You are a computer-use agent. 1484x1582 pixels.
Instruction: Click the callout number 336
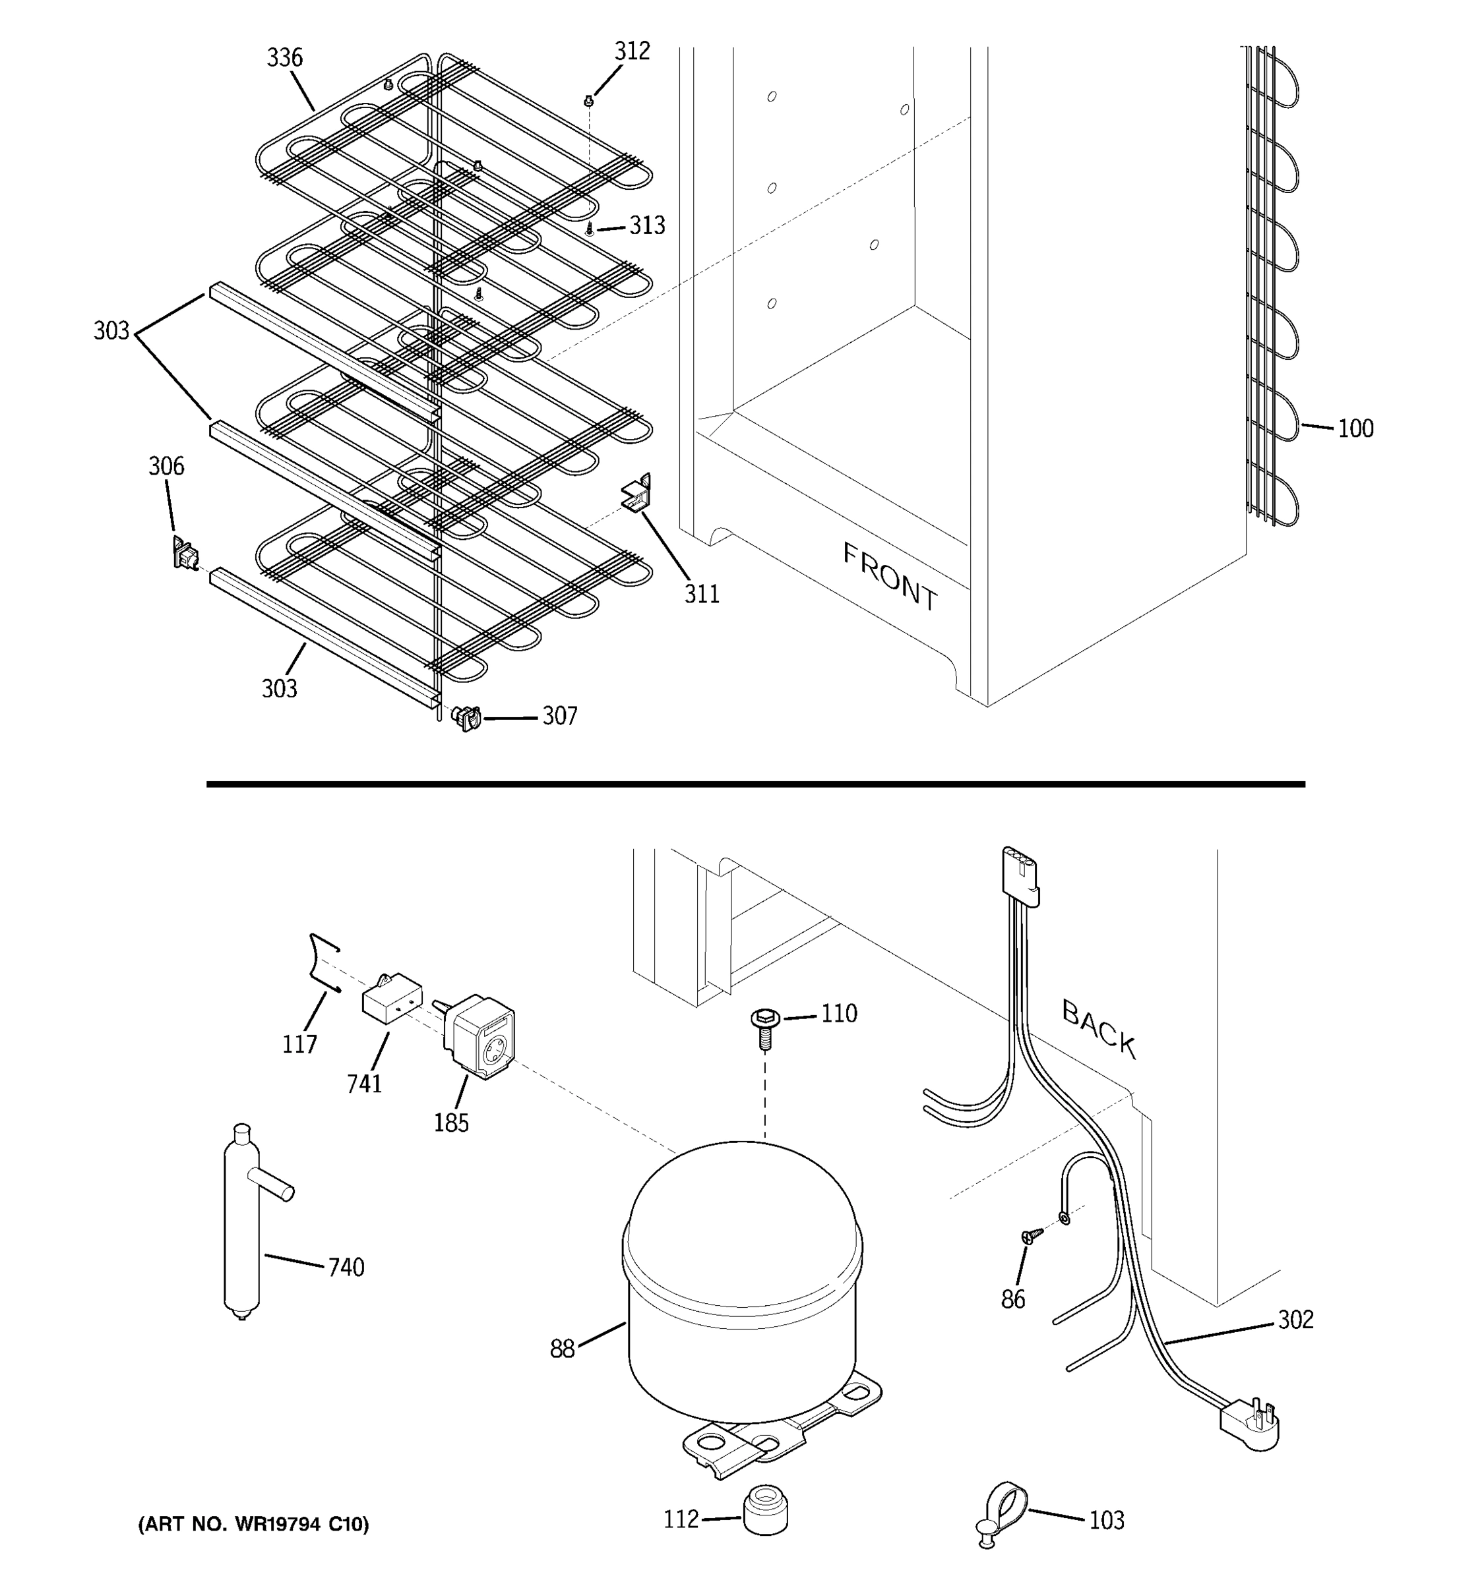point(284,57)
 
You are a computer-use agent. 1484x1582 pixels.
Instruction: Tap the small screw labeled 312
point(589,101)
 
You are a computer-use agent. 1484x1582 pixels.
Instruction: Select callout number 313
point(646,226)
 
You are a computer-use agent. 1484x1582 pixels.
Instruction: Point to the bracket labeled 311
point(637,494)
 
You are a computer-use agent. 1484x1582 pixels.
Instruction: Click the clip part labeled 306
point(185,553)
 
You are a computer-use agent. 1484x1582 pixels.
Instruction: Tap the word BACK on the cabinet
point(1099,1029)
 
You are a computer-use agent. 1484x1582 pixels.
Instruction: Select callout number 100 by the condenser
point(1355,429)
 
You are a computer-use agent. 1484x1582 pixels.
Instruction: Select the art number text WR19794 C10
point(253,1524)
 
